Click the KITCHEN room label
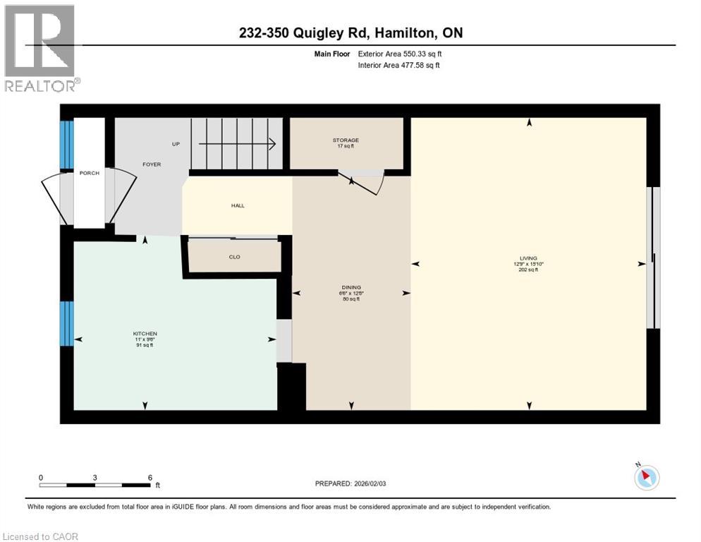pyautogui.click(x=145, y=334)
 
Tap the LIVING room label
pyautogui.click(x=529, y=258)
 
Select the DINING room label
pyautogui.click(x=351, y=287)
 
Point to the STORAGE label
pyautogui.click(x=346, y=140)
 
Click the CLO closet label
pyautogui.click(x=235, y=257)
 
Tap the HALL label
pyautogui.click(x=238, y=205)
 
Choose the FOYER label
pyautogui.click(x=152, y=164)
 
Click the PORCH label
pyautogui.click(x=90, y=173)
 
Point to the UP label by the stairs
pyautogui.click(x=176, y=144)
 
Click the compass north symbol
pyautogui.click(x=646, y=477)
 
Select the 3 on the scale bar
pyautogui.click(x=95, y=478)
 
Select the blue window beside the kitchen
pyautogui.click(x=66, y=323)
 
